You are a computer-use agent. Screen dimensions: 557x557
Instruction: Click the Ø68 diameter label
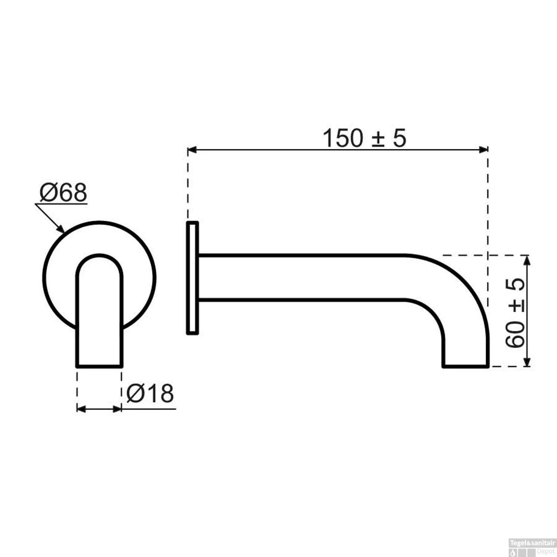(63, 193)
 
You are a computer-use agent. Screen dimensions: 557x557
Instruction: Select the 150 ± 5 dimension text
(364, 138)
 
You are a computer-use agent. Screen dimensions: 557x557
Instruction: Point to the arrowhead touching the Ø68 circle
(61, 228)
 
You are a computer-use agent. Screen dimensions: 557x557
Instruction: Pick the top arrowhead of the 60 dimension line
(527, 260)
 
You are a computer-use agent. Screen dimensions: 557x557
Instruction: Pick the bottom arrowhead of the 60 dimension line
(527, 362)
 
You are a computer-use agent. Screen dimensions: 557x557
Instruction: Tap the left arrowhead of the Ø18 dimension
(81, 409)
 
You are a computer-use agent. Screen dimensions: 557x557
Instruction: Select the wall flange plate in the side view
(192, 278)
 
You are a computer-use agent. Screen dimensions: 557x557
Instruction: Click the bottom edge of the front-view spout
(100, 367)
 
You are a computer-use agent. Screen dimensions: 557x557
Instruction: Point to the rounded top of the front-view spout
(100, 255)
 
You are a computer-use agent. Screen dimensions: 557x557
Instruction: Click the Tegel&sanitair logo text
(532, 543)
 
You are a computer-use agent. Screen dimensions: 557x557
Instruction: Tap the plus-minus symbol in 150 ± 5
(378, 139)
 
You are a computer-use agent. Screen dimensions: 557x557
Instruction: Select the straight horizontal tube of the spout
(301, 277)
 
